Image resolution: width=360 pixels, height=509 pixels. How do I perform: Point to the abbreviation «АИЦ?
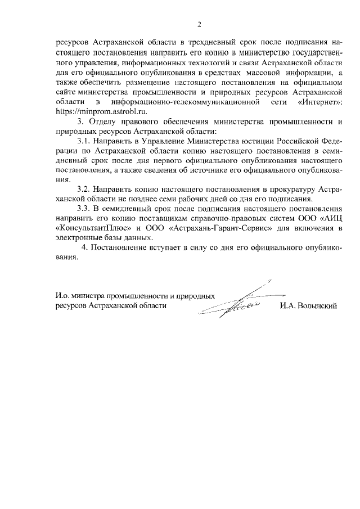[331, 218]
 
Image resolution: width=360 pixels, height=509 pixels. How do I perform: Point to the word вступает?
[161, 247]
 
